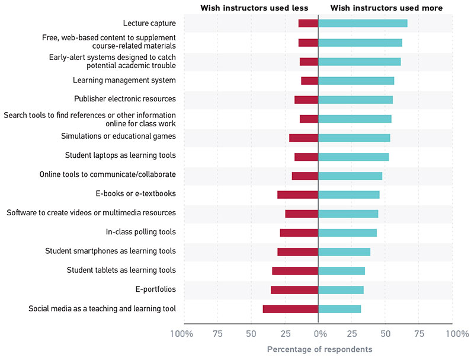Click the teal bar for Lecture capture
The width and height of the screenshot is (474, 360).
(x=363, y=23)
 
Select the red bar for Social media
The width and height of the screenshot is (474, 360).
(x=290, y=309)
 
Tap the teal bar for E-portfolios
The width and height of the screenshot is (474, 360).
(x=341, y=290)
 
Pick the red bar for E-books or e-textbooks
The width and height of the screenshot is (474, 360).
(x=297, y=195)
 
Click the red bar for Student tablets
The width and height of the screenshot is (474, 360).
(x=295, y=271)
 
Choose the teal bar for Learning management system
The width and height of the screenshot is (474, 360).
(x=356, y=81)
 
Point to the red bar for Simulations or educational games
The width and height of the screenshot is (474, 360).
(x=303, y=138)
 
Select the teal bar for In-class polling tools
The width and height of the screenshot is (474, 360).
(x=347, y=232)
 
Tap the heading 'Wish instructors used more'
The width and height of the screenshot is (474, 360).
(x=386, y=8)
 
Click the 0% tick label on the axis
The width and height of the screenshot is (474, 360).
(x=320, y=334)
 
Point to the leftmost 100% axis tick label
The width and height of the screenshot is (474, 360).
(x=181, y=334)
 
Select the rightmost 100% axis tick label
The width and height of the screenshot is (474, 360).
(x=457, y=334)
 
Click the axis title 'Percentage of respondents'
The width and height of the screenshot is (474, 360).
(x=319, y=349)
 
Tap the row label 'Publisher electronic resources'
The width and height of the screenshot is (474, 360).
(x=124, y=99)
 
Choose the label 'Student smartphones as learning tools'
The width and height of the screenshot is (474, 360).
(x=110, y=251)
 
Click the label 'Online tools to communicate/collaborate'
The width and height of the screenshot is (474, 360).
(x=107, y=175)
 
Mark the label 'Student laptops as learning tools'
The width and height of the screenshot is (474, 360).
(x=120, y=156)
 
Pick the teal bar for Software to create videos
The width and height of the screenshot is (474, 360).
(x=348, y=214)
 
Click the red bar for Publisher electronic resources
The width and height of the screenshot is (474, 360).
(x=306, y=100)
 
